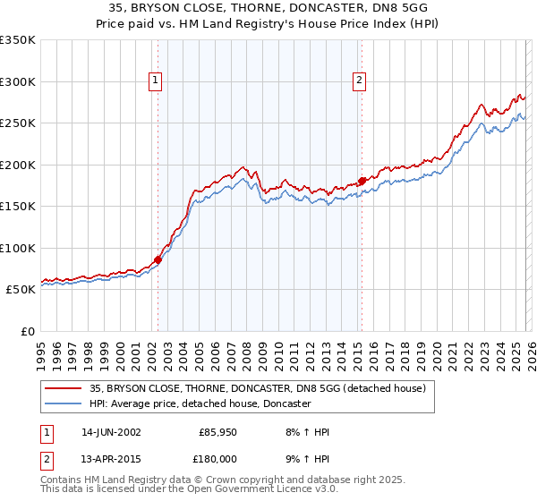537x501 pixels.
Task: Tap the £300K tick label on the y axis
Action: tap(17, 81)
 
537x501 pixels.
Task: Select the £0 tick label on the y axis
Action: tap(28, 331)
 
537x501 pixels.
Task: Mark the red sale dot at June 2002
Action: tap(158, 259)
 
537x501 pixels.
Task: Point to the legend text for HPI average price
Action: tap(200, 403)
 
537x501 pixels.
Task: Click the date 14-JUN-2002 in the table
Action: tap(111, 432)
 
